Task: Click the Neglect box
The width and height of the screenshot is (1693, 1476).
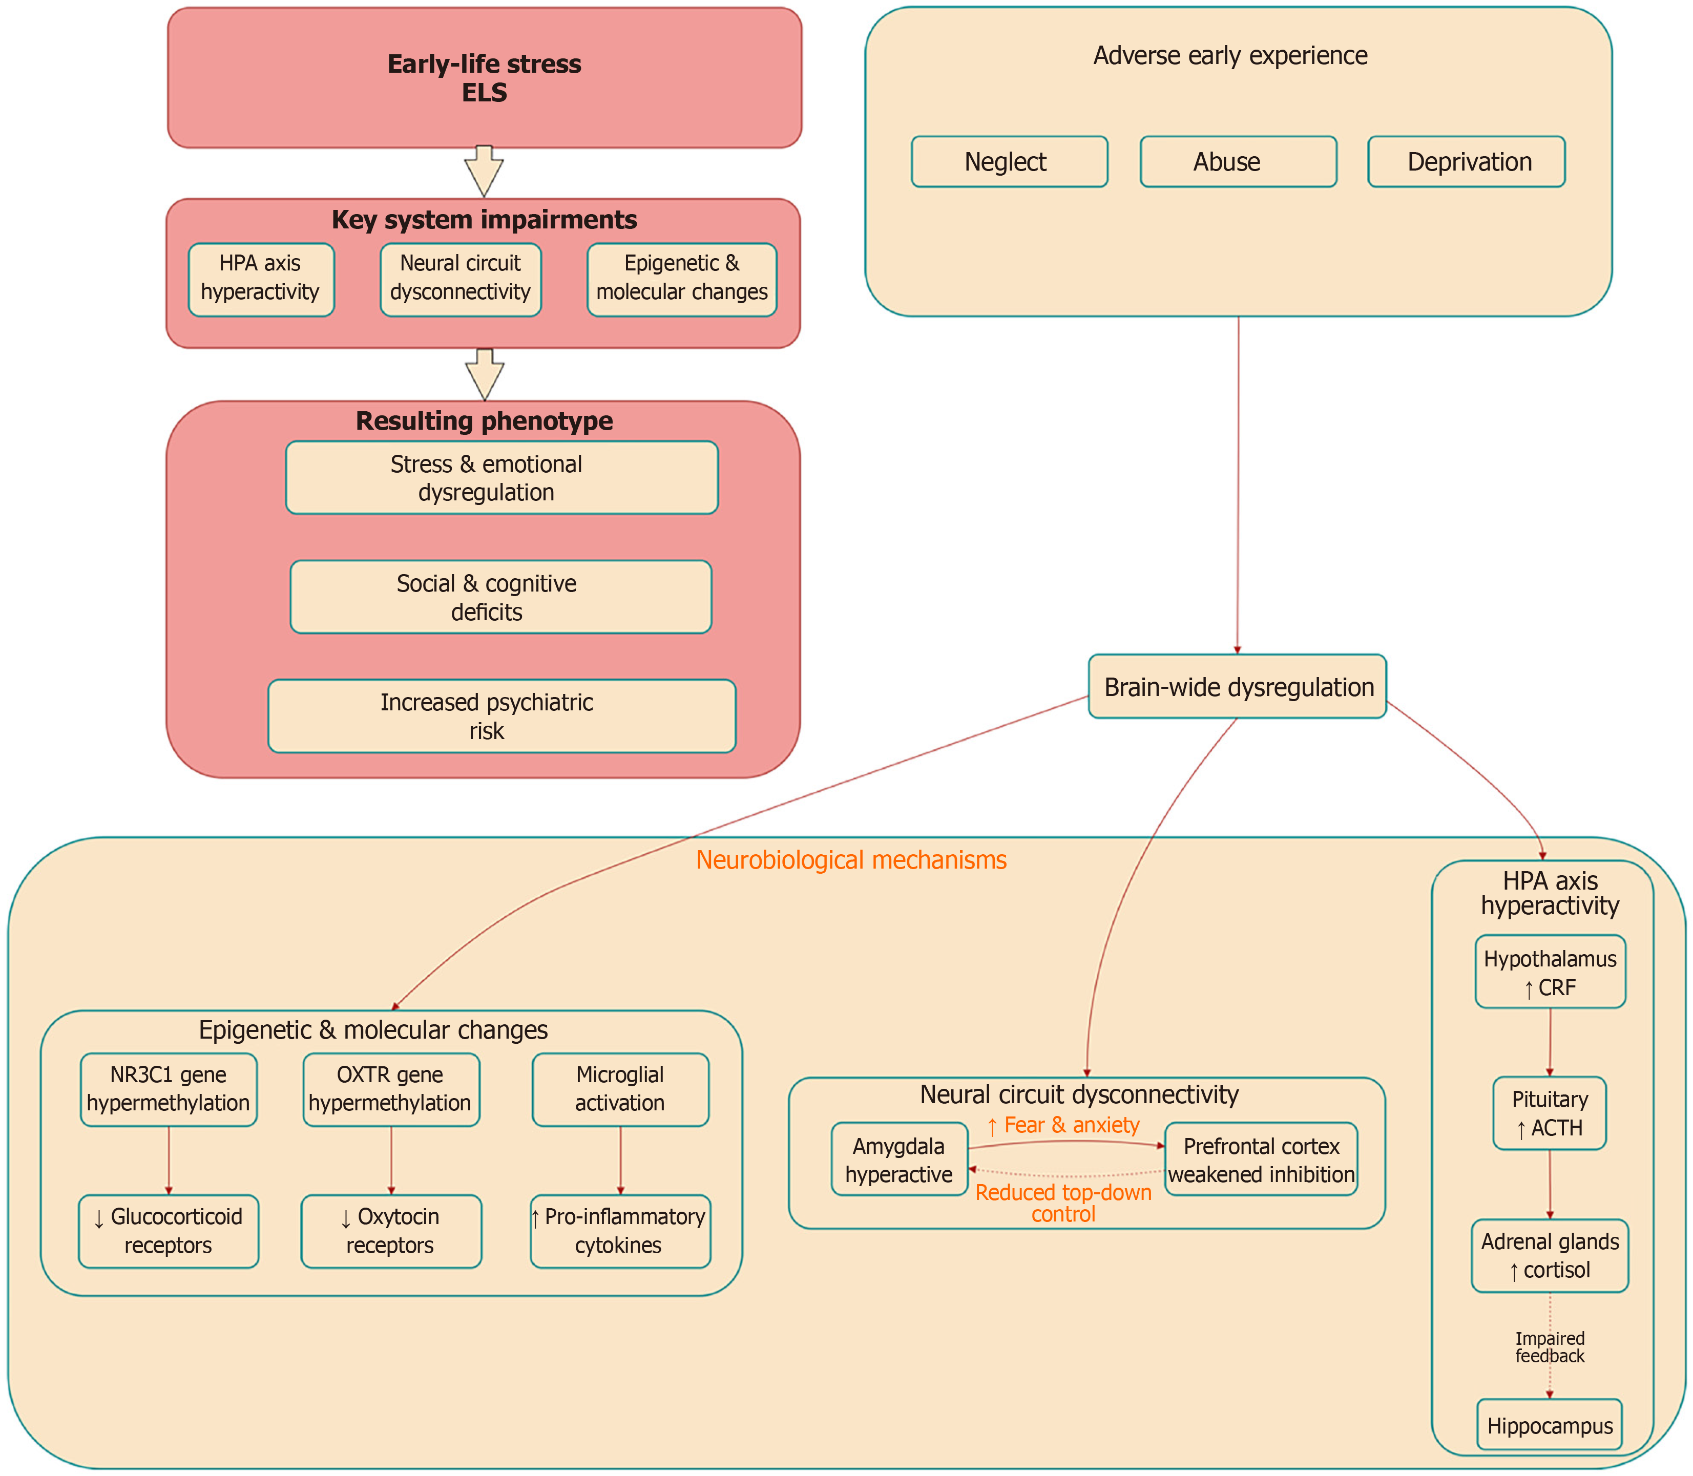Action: (x=1009, y=161)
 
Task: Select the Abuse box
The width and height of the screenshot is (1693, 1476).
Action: (x=1238, y=161)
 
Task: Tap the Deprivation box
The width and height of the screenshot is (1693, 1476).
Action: (x=1466, y=161)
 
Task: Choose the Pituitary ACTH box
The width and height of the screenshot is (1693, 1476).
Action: (x=1549, y=1113)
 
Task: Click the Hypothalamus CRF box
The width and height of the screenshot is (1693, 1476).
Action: (x=1550, y=972)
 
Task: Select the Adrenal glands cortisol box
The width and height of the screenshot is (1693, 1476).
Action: (x=1549, y=1255)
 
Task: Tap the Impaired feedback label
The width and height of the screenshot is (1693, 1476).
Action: (x=1549, y=1347)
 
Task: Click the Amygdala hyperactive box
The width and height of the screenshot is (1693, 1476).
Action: (x=899, y=1159)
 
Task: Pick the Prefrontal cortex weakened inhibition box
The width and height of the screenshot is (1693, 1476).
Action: (x=1261, y=1159)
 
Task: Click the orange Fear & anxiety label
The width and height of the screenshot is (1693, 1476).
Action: (x=1063, y=1125)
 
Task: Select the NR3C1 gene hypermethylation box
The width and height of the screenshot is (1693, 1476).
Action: (x=168, y=1089)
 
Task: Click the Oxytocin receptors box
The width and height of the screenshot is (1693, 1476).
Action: (x=390, y=1231)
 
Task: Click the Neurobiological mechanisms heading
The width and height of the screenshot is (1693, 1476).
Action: (x=851, y=860)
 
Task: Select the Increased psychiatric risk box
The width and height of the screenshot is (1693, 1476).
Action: (x=501, y=716)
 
